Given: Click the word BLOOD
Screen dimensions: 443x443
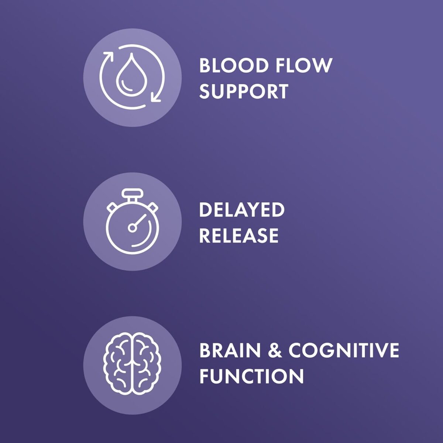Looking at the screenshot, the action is click(x=234, y=65).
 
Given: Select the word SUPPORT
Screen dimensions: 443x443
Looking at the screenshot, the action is click(x=244, y=91).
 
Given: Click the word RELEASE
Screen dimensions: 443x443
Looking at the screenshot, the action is click(x=239, y=236).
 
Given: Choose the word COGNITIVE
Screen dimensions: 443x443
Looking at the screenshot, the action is click(x=344, y=350).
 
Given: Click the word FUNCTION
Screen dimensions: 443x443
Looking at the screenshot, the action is click(x=251, y=376).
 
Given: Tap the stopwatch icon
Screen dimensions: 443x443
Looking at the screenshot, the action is click(x=133, y=221).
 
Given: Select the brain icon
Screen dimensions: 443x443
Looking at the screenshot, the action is click(x=132, y=364).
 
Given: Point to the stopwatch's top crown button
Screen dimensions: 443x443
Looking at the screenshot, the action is click(x=133, y=193).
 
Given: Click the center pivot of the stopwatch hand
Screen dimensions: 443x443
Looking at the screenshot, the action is click(x=132, y=228).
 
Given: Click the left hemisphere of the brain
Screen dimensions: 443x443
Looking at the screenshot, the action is click(x=117, y=364).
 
